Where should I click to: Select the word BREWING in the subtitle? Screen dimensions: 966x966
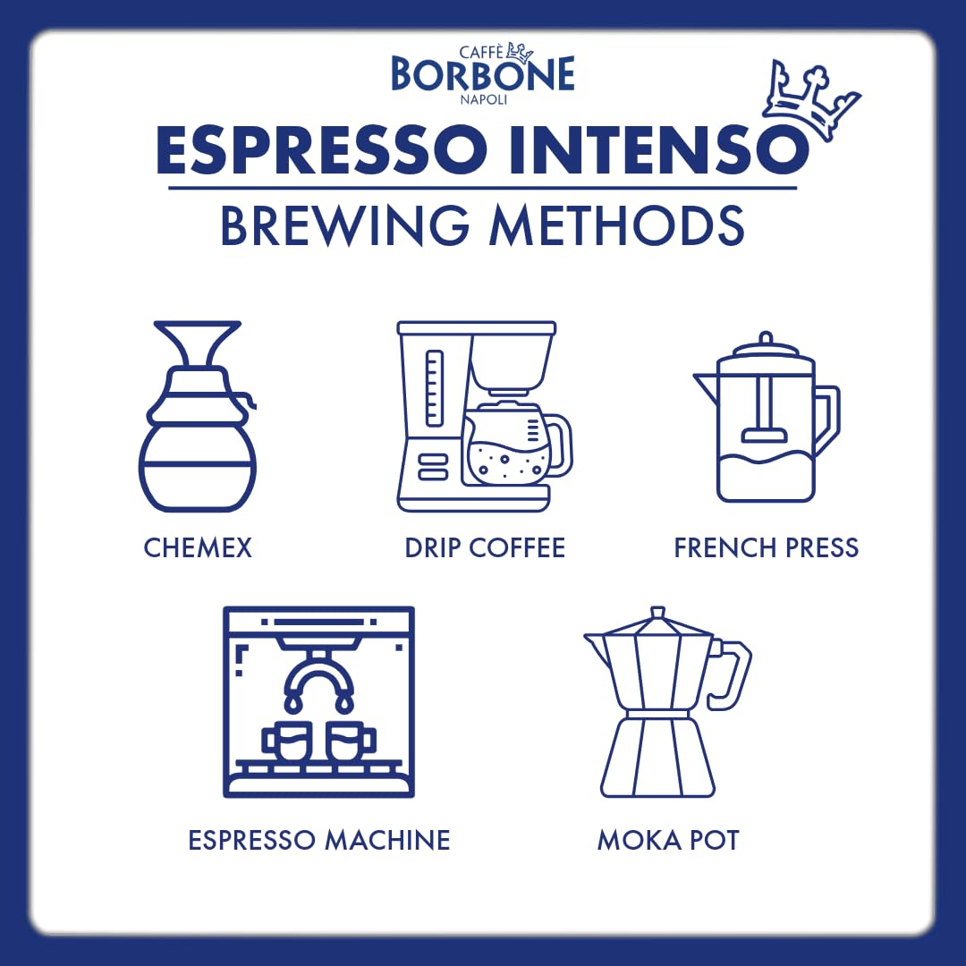(x=343, y=226)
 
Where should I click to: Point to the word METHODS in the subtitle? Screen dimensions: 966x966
(x=616, y=226)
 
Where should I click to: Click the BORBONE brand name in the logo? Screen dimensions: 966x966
(x=482, y=75)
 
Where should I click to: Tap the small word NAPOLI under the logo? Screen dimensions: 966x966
(x=483, y=99)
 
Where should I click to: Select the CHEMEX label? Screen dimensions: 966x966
(x=198, y=547)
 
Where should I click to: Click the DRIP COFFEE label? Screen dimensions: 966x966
(x=485, y=547)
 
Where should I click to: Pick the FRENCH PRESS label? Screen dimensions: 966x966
(x=766, y=547)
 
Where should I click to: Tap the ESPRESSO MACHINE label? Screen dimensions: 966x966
(x=319, y=841)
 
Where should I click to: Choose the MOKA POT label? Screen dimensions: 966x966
(x=668, y=841)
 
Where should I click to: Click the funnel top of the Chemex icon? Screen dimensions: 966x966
(x=198, y=344)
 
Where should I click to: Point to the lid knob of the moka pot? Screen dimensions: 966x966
(x=657, y=614)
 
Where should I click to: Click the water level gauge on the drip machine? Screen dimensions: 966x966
(x=434, y=388)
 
